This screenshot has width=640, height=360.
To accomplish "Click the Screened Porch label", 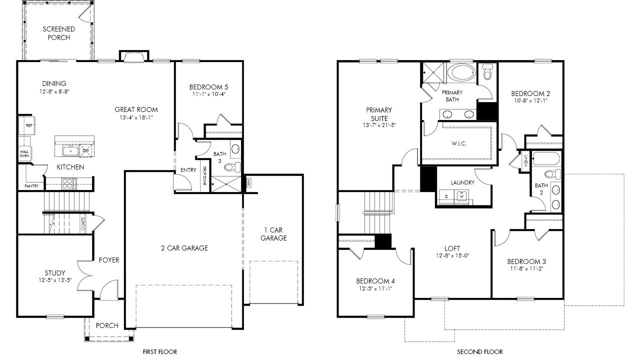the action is pyautogui.click(x=59, y=33).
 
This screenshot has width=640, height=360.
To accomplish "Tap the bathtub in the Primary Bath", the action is pyautogui.click(x=461, y=73).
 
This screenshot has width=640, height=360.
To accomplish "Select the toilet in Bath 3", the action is pyautogui.click(x=232, y=167).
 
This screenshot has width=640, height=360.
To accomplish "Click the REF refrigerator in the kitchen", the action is pyautogui.click(x=27, y=125).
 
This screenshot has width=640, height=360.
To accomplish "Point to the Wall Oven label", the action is pyautogui.click(x=24, y=153).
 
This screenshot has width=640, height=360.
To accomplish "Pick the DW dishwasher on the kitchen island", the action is pyautogui.click(x=85, y=150).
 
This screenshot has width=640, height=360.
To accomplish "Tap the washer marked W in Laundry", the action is pyautogui.click(x=461, y=196).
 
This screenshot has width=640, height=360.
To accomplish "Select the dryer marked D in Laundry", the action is pyautogui.click(x=447, y=196).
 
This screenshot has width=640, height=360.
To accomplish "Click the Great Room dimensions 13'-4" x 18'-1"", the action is pyautogui.click(x=136, y=117).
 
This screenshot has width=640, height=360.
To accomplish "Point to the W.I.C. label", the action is pyautogui.click(x=459, y=143).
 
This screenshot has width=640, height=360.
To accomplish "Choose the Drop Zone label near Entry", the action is pyautogui.click(x=204, y=176).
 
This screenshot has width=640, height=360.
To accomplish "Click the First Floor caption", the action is pyautogui.click(x=159, y=351).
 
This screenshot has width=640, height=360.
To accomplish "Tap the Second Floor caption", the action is pyautogui.click(x=479, y=351).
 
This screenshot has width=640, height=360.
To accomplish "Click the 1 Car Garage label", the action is pyautogui.click(x=273, y=234).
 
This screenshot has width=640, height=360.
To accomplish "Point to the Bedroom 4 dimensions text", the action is pyautogui.click(x=375, y=288).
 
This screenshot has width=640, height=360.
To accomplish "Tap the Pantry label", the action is pyautogui.click(x=31, y=186).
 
